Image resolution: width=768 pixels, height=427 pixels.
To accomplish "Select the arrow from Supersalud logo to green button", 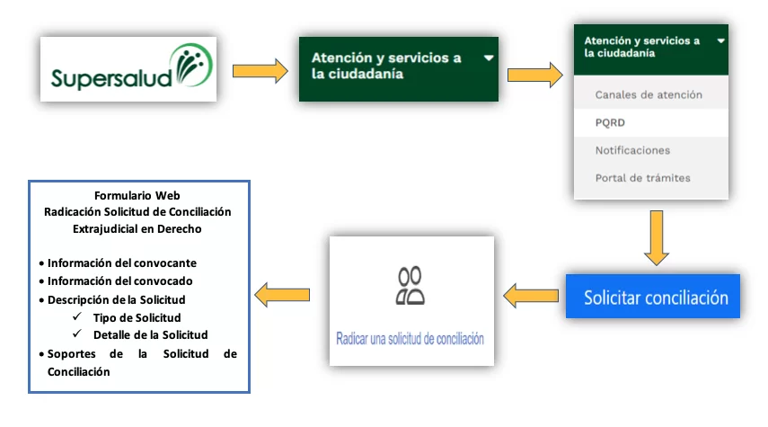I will coord(260,71).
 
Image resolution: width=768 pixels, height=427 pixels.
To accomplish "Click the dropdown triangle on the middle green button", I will coord(488,57).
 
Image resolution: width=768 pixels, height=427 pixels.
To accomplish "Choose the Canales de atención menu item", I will coord(649,94).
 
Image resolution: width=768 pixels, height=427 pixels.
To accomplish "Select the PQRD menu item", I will coord(610,122).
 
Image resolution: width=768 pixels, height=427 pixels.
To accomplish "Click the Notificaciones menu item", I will coord(632,150).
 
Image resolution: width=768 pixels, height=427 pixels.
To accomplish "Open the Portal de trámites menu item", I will coord(642,178).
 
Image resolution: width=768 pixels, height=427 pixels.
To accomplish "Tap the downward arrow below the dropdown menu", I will coord(658,236).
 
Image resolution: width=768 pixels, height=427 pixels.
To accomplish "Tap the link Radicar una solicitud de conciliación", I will coord(410,340).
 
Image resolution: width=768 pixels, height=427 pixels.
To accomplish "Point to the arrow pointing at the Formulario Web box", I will coord(283,294).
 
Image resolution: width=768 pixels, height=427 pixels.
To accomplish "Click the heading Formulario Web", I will coord(137,195).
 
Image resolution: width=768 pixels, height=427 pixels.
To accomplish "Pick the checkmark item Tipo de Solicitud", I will coord(137,317).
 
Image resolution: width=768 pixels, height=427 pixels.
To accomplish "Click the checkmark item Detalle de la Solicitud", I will coord(150,334).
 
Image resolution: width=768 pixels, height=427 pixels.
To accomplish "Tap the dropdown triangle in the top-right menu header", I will coord(720,40).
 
